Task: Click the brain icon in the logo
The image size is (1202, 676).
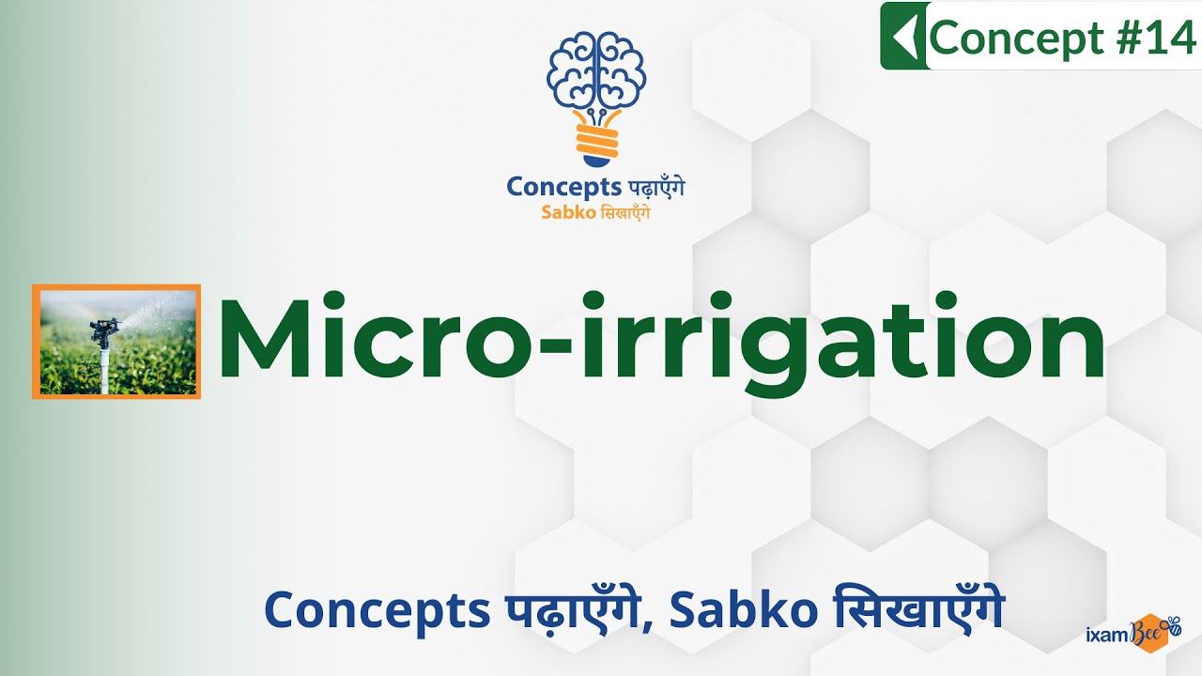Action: tap(596, 69)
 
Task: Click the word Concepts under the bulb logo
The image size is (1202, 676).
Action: tap(549, 186)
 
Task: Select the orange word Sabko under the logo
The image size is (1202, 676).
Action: tap(568, 212)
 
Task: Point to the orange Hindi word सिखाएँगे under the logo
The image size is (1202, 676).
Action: tap(624, 212)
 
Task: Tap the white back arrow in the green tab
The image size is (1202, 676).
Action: tap(903, 37)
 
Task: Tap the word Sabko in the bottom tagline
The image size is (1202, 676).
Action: tap(732, 612)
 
